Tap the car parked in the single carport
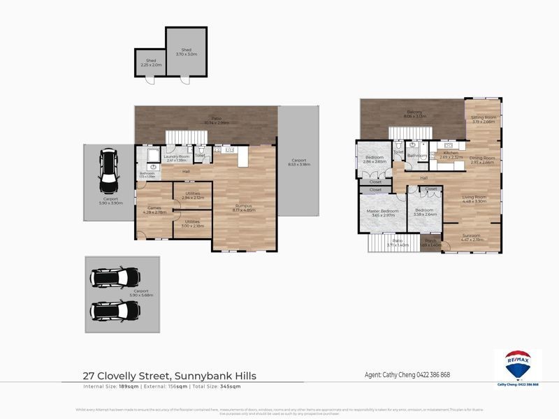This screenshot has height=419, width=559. point(108,171)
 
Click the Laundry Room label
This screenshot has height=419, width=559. point(176,158)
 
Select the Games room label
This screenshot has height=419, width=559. point(154,209)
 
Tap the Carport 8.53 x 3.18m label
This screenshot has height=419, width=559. point(299,163)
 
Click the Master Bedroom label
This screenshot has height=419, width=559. point(384,212)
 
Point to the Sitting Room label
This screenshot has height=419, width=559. point(484,119)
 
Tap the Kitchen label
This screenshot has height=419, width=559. point(451,154)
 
